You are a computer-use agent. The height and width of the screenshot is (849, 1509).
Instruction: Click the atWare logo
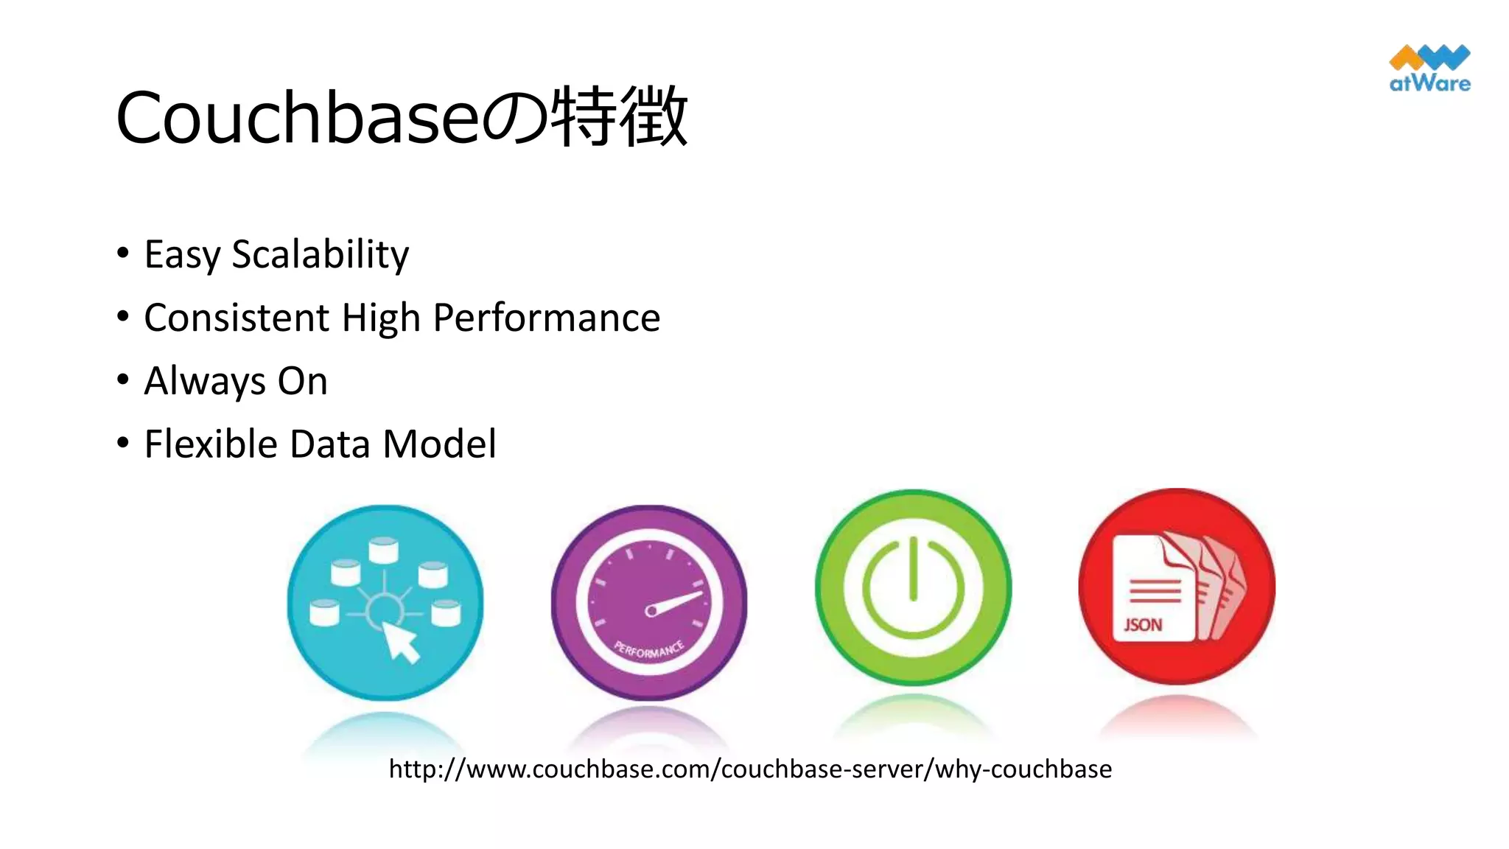coord(1429,69)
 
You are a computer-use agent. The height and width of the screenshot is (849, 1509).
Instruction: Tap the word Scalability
coord(320,254)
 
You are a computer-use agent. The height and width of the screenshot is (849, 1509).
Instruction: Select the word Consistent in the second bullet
coord(236,318)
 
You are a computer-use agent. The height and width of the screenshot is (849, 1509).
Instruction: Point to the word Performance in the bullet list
coord(546,318)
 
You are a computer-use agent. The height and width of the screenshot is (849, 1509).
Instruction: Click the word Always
coord(204,381)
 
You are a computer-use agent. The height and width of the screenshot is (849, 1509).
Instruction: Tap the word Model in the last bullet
coord(439,444)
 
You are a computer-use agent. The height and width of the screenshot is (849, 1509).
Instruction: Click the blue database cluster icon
coord(385,603)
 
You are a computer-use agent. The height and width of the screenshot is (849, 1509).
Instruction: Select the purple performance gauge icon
coord(648,603)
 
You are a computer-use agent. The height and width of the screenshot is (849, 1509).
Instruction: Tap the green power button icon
coord(913,587)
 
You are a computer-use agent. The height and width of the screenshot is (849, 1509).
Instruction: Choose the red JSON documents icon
coord(1177,587)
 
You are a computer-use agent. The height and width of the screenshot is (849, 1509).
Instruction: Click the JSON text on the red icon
coord(1143,625)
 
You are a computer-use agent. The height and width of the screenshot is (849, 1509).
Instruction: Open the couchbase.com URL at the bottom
coord(750,769)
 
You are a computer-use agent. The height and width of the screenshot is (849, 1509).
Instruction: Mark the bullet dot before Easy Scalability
coord(123,254)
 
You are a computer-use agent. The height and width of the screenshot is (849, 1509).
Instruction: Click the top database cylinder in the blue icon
coord(383,550)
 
